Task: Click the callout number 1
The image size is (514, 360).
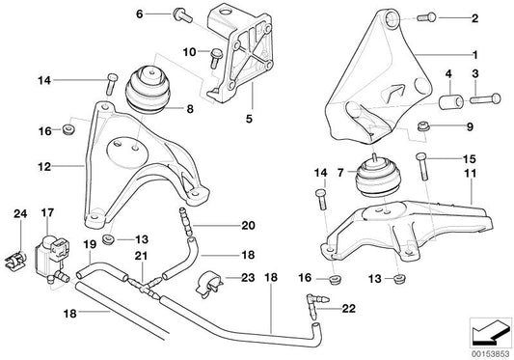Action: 473,57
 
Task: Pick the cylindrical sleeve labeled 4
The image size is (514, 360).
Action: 450,101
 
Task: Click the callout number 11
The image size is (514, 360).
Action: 472,173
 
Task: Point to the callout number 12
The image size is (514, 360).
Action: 44,165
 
